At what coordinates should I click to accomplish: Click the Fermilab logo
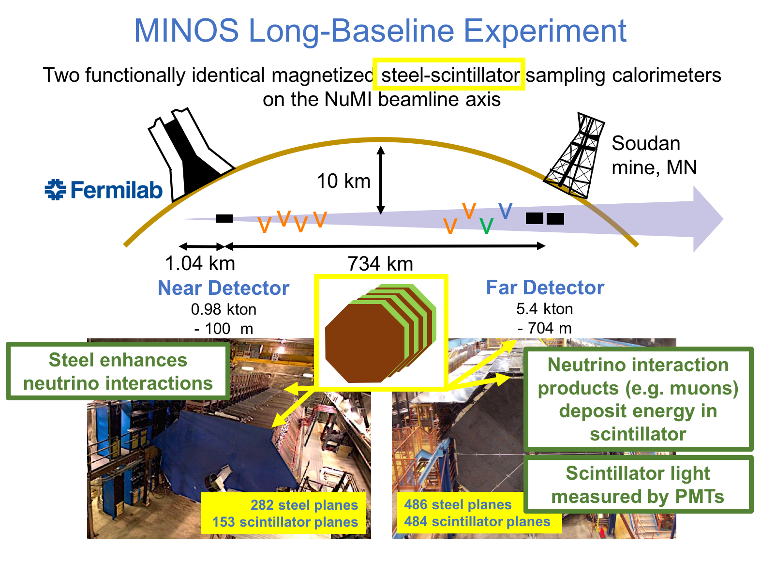pos(103,189)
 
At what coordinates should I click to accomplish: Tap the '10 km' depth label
pos(343,181)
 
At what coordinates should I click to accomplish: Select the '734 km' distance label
pos(380,264)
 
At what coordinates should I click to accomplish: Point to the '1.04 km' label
pos(200,263)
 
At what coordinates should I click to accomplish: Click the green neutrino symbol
pos(486,226)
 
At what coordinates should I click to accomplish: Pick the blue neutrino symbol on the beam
pos(506,211)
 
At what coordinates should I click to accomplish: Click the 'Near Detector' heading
pos(224,288)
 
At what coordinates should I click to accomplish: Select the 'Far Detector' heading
pos(545,288)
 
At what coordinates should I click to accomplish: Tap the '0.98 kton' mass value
pos(224,309)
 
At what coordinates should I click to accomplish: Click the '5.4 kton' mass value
pos(544,309)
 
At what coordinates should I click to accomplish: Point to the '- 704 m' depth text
pos(544,328)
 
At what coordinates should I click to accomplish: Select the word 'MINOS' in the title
pos(186,30)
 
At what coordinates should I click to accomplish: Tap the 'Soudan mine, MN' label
pos(654,155)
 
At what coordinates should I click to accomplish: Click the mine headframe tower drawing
pos(574,155)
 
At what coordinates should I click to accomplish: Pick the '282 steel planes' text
pos(304,505)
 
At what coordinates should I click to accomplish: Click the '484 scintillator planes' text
pos(477,521)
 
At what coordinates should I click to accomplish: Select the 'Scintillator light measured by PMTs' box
pos(638,485)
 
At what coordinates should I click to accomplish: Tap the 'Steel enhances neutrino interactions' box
pos(118,371)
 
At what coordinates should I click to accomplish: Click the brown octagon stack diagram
pos(380,333)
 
